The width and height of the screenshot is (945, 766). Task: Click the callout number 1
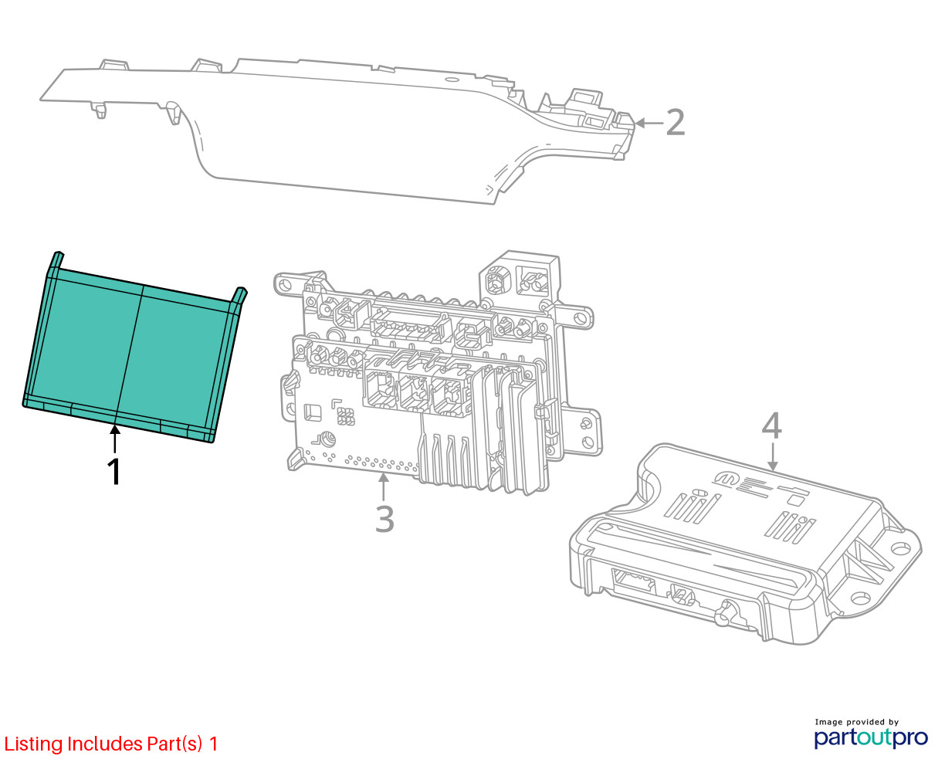[x=114, y=472]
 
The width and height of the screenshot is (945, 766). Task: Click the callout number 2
[x=675, y=123]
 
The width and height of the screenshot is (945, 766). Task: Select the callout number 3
[x=384, y=519]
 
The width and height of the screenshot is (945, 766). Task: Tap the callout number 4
[x=771, y=427]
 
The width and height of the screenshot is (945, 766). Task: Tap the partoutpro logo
[x=871, y=737]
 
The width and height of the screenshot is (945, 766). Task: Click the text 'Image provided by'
[x=856, y=722]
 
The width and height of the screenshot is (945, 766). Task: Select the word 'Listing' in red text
[x=33, y=744]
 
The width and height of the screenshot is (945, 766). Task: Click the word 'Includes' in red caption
[x=105, y=744]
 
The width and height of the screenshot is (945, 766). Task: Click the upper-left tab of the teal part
[x=55, y=259]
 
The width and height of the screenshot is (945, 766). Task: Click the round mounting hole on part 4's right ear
[x=898, y=548]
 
